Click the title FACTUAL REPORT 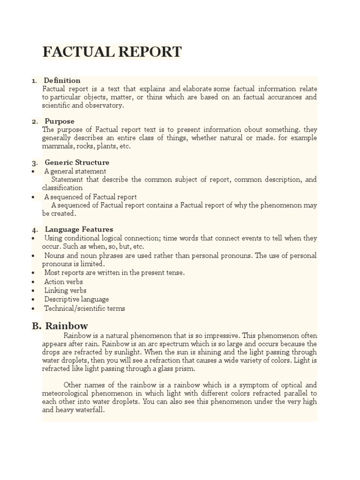tap(112, 52)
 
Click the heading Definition tap(62, 80)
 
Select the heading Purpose tap(59, 121)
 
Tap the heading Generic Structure tap(77, 162)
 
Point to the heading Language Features tap(79, 229)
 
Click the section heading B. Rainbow tap(60, 326)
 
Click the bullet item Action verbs tap(63, 282)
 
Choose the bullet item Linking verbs tap(65, 291)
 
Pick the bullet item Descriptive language tap(76, 299)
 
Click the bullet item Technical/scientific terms tap(84, 308)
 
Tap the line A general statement tap(75, 171)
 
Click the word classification tap(62, 188)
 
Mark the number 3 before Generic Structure tap(34, 163)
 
